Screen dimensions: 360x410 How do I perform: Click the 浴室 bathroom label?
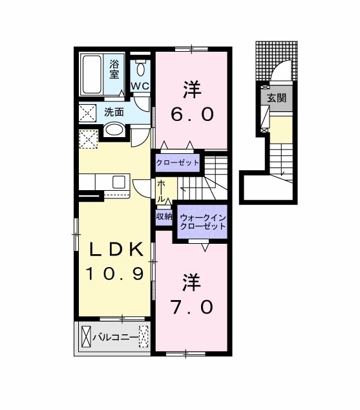(x=114, y=69)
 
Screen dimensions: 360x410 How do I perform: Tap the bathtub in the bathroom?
(x=92, y=74)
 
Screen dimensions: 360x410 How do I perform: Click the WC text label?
(x=140, y=86)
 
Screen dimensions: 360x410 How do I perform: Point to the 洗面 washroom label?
(x=114, y=112)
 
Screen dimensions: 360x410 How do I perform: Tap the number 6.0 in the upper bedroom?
(x=192, y=114)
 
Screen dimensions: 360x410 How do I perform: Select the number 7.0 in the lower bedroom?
(x=192, y=307)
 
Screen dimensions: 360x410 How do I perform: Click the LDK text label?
(x=116, y=250)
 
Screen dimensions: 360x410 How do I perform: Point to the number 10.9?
(x=115, y=274)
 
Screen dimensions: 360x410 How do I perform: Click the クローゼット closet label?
(x=177, y=163)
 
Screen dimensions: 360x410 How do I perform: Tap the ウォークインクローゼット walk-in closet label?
(x=203, y=222)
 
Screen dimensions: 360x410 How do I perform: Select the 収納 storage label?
(x=164, y=216)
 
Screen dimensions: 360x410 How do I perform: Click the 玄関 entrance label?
(x=277, y=98)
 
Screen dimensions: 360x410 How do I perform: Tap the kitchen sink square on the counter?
(x=119, y=182)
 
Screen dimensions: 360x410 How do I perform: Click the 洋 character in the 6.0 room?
(x=192, y=90)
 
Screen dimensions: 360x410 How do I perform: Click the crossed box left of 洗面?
(x=87, y=113)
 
